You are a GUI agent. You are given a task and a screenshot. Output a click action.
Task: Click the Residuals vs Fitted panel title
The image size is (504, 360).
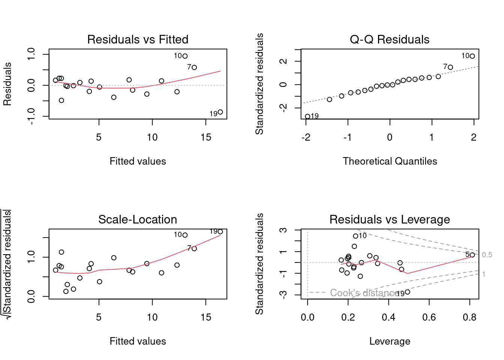click(138, 39)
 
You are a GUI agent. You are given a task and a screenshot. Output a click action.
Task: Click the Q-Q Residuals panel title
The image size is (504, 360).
click(390, 39)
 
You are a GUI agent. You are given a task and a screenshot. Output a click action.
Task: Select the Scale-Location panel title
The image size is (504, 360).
click(138, 219)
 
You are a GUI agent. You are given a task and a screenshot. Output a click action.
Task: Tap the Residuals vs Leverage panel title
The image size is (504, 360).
click(390, 219)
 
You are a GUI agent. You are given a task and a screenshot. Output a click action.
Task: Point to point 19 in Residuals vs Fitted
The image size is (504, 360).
click(220, 112)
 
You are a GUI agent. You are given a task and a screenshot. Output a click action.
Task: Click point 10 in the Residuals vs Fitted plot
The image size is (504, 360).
click(185, 56)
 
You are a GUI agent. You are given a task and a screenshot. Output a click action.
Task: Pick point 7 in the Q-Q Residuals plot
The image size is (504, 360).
click(450, 67)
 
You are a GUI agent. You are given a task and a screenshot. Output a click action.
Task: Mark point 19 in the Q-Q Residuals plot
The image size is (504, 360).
click(307, 117)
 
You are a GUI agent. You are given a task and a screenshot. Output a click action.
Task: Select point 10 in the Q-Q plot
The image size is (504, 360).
click(472, 56)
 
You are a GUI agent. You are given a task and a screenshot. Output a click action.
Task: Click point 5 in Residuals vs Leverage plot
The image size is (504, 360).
click(472, 255)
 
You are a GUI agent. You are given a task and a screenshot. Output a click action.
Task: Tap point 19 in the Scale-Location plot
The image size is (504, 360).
click(220, 232)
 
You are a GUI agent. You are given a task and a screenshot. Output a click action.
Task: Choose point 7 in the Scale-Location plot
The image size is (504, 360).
click(194, 249)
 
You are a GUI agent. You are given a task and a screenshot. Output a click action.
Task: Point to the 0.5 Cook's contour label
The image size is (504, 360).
click(487, 255)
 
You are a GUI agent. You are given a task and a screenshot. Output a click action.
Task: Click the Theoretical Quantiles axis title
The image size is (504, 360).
click(390, 161)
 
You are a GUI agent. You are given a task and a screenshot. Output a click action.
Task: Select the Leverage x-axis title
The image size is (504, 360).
click(390, 341)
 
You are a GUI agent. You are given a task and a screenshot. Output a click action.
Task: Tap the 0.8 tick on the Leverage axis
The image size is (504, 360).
click(469, 318)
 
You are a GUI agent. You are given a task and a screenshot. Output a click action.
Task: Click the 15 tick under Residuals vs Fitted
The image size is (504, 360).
click(205, 138)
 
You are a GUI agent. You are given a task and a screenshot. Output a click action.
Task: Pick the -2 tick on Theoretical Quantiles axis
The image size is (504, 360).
click(306, 138)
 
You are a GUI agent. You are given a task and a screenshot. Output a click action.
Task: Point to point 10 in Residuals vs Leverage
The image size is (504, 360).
click(355, 236)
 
